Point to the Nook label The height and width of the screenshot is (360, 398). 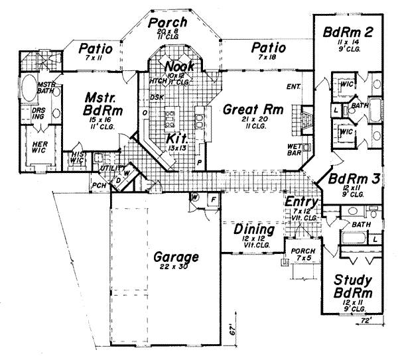tap(178, 67)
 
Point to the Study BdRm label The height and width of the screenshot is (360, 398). tap(352, 286)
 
